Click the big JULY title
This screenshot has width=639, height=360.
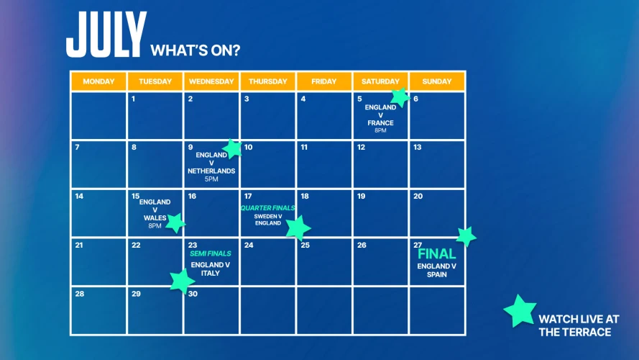[x=106, y=36]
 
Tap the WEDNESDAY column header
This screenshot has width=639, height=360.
[x=211, y=81]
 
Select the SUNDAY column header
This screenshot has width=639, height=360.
[x=437, y=81]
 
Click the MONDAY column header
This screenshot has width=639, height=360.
[x=98, y=81]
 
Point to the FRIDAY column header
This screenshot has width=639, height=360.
[x=324, y=81]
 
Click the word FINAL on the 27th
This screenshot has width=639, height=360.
[x=437, y=254]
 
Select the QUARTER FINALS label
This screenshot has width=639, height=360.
[x=267, y=208]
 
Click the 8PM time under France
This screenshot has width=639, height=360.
[x=380, y=130]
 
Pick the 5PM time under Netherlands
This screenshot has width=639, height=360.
[x=211, y=179]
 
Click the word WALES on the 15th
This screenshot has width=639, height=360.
[x=155, y=217]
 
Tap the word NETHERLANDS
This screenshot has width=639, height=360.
[x=211, y=171]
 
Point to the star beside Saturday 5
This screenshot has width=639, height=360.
[x=400, y=97]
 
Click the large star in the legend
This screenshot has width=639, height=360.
[x=519, y=311]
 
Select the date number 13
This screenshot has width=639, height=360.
[x=417, y=148]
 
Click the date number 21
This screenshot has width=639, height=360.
[x=79, y=246]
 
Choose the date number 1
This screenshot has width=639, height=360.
[x=134, y=99]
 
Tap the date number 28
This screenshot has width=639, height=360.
[x=79, y=294]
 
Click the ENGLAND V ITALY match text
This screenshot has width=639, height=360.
[x=211, y=269]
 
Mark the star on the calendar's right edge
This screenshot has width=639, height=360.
[x=466, y=236]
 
